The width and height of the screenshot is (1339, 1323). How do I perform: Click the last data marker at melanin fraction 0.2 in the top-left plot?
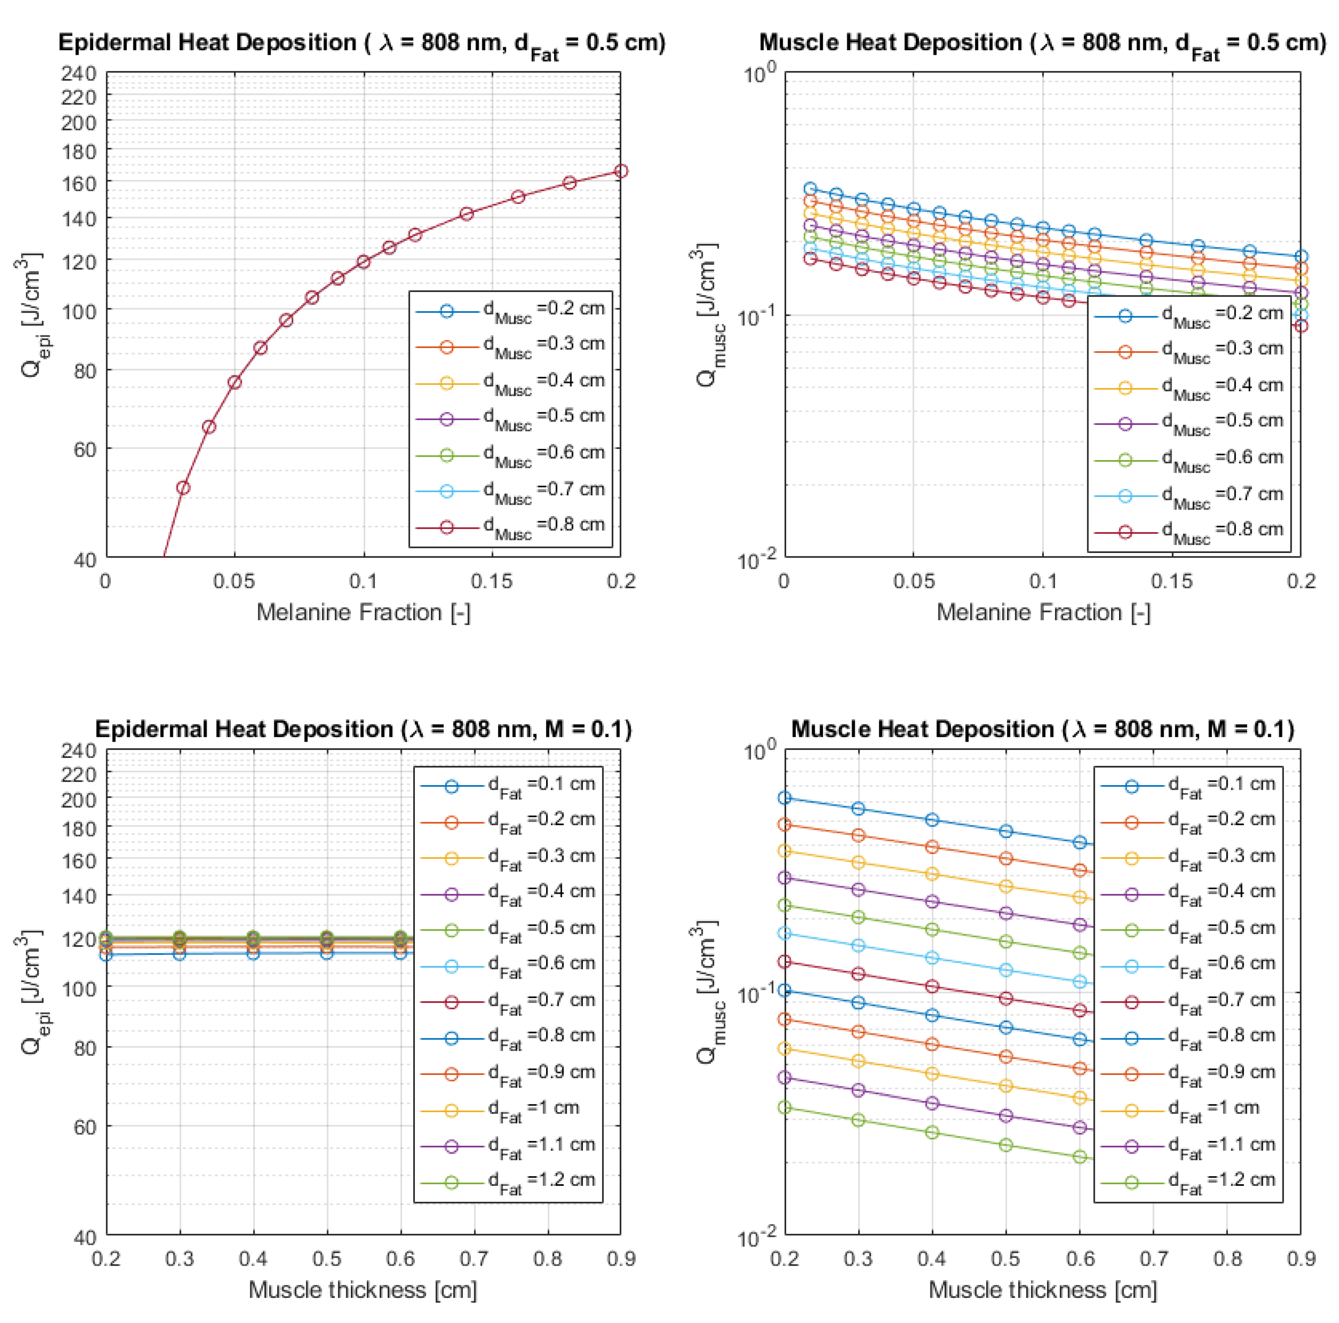(621, 171)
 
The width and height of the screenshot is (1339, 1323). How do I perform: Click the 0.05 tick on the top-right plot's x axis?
(913, 581)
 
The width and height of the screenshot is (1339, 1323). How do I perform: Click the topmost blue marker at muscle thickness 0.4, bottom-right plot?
(932, 819)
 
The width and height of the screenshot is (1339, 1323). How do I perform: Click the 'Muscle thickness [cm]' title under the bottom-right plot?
(1043, 1290)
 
